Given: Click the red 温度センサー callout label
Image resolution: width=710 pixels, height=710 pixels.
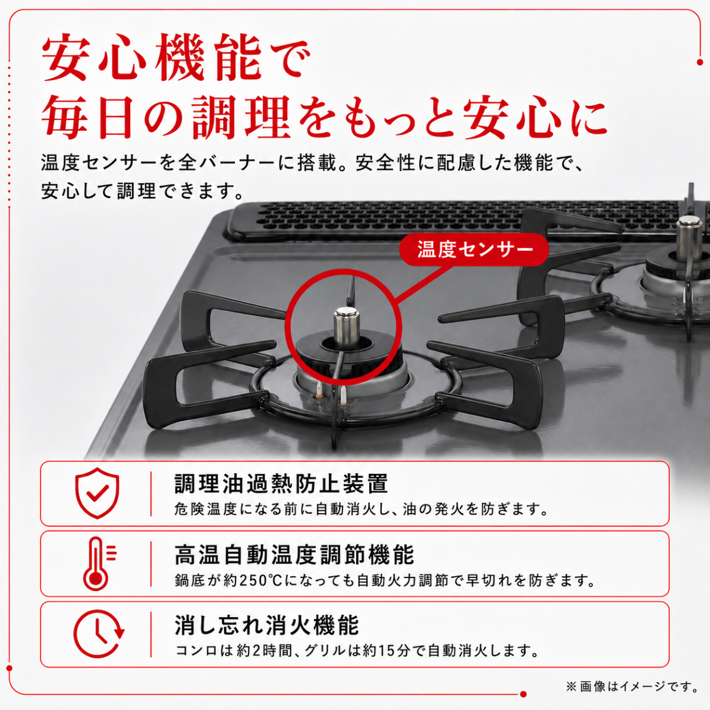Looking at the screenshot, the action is point(474,250).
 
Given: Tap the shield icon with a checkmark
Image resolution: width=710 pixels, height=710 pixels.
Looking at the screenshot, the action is point(97,493).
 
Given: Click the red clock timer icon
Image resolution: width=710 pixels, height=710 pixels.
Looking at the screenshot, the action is point(98,634).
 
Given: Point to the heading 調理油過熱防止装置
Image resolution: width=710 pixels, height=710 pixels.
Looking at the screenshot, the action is point(281,483).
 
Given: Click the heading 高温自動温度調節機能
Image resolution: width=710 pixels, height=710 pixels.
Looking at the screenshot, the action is point(295,555).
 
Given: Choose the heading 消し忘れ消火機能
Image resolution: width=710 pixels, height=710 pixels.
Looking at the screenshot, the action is point(267,625).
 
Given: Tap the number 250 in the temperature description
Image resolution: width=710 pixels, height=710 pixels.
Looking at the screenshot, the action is point(253,581).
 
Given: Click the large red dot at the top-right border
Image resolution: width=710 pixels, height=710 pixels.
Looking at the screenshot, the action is point(700,63).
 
